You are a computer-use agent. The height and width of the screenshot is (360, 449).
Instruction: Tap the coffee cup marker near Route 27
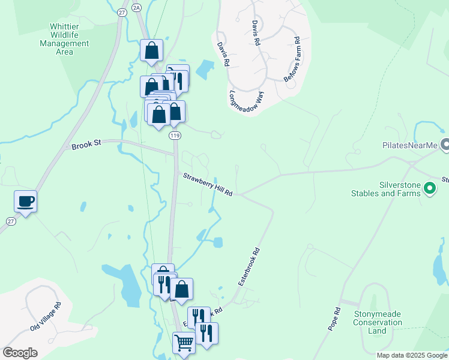point(26,201)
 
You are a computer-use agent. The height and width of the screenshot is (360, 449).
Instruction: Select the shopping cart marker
point(184,343)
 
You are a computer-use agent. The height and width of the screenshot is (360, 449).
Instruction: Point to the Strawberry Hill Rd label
point(208,184)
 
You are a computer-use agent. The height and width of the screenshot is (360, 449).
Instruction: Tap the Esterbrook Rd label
point(249,266)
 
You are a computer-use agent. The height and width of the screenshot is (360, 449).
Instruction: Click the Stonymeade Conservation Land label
point(377,322)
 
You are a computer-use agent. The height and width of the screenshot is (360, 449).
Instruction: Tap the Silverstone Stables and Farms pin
point(430,188)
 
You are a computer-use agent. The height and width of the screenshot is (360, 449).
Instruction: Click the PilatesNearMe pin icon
point(445,145)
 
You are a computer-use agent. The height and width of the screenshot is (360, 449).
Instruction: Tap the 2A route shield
point(137,7)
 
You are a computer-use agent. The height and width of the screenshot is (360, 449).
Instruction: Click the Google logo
point(20,352)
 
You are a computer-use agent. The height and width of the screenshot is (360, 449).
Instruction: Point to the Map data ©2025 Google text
point(411,355)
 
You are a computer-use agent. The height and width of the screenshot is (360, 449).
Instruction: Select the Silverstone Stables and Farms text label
point(387,189)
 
